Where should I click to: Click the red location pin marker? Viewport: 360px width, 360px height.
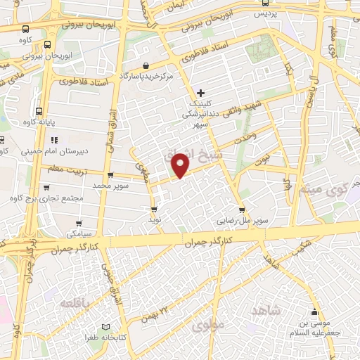tap(181, 164)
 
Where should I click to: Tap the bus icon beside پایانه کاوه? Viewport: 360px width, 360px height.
tap(39, 111)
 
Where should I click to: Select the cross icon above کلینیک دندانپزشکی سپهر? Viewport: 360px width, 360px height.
tap(201, 93)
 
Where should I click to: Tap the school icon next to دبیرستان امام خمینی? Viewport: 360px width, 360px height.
tap(53, 138)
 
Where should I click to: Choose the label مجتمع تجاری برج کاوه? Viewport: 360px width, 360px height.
tap(48, 199)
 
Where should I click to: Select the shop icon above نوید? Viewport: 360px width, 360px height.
tap(154, 209)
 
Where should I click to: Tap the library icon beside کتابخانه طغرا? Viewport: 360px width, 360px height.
tap(106, 328)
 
